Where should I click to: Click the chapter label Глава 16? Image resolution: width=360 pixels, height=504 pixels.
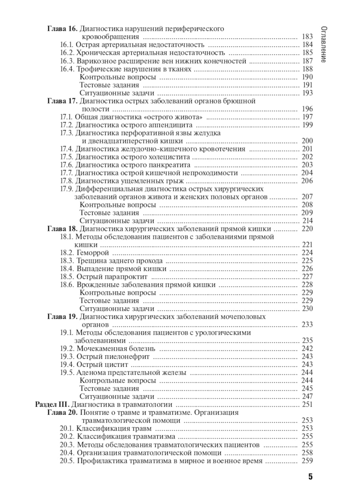pos(62,29)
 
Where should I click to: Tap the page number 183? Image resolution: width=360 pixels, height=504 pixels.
pos(307,37)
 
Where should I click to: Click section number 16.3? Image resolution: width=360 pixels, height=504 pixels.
pos(67,61)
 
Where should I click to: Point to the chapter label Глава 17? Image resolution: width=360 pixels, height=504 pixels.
pos(62,101)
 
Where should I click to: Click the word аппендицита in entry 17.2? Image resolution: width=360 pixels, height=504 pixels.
pos(170,125)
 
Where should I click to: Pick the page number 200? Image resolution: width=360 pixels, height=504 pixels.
pos(307,141)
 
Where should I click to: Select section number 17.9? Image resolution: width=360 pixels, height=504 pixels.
pos(67,189)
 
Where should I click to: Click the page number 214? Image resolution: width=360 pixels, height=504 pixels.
pos(307,221)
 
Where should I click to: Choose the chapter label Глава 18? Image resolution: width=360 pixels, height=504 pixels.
pos(62,229)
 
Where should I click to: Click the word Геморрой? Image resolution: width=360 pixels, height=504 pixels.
pos(93,253)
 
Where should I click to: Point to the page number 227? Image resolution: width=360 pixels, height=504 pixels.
pos(307,277)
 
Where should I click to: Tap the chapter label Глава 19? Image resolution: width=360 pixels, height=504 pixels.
pos(62,317)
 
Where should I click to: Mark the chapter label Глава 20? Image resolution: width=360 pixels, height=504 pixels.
pos(62,412)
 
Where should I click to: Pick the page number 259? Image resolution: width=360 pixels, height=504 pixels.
pos(307,461)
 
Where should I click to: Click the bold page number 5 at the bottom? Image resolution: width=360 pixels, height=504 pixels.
pos(310,477)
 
